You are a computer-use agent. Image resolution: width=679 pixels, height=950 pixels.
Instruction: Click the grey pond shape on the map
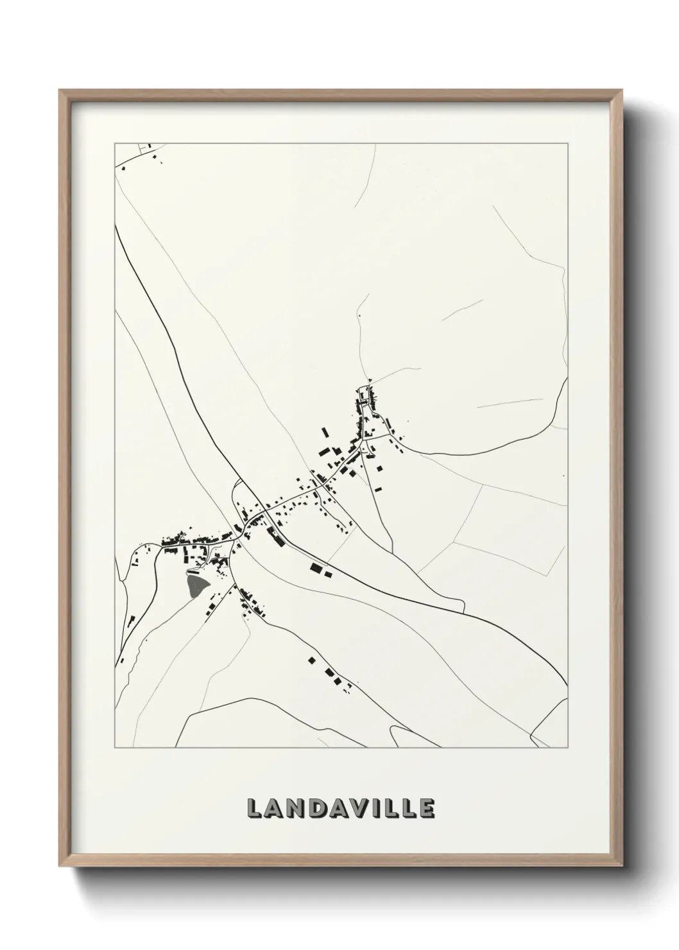pyautogui.click(x=196, y=583)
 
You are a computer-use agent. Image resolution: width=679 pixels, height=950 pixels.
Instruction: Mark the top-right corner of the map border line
pyautogui.click(x=567, y=143)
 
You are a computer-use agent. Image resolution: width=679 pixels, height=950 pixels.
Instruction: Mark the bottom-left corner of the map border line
pyautogui.click(x=115, y=748)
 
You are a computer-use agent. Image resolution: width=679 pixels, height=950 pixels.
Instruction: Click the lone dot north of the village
pyautogui.click(x=359, y=315)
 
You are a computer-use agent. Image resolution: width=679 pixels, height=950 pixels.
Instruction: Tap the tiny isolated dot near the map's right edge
pyautogui.click(x=562, y=476)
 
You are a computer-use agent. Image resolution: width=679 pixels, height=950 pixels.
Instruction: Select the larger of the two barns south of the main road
pyautogui.click(x=315, y=567)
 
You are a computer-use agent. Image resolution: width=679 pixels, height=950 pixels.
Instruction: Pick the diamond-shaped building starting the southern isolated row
pyautogui.click(x=312, y=659)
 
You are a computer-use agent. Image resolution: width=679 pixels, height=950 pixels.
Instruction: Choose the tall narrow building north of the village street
pyautogui.click(x=325, y=432)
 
